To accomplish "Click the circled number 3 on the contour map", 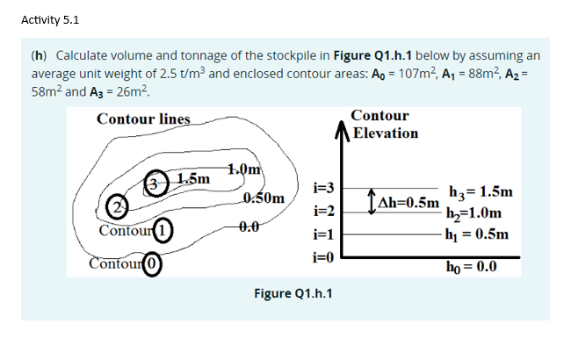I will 155,182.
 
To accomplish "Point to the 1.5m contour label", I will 192,179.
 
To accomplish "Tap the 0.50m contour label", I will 263,198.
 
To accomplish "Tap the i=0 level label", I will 324,257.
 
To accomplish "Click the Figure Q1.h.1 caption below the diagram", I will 293,292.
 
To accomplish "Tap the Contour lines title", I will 143,119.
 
